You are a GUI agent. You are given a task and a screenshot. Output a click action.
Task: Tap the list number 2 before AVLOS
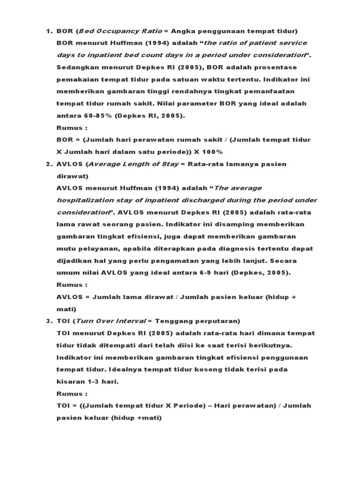(x=48, y=164)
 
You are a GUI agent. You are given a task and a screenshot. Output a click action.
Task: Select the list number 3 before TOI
(x=48, y=321)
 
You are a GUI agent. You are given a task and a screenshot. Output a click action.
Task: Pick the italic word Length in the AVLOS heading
(x=135, y=164)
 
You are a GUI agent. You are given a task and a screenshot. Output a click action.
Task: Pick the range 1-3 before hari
(x=94, y=382)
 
